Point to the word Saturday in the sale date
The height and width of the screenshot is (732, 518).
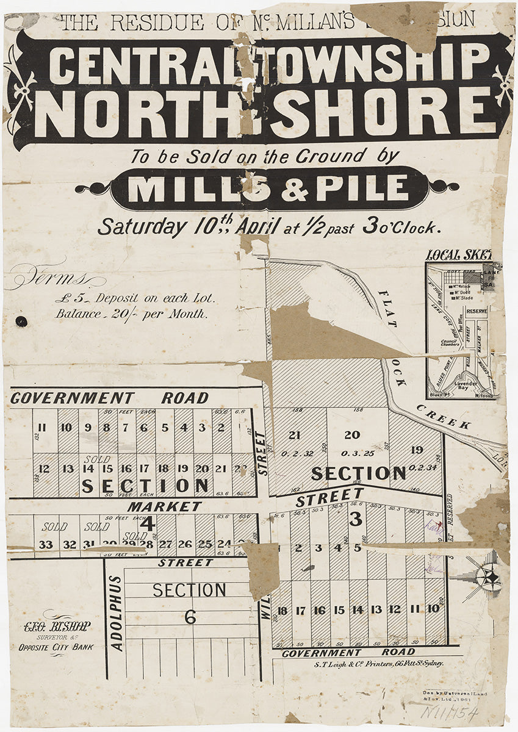pos(142,227)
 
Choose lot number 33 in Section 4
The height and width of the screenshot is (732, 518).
pos(45,545)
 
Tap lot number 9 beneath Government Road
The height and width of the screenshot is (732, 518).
pos(88,428)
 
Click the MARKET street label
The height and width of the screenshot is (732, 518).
pos(164,506)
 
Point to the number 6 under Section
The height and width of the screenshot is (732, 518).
pos(190,617)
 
